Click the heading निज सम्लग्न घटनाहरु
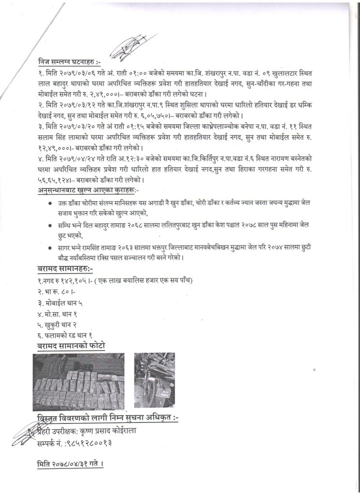(70, 63)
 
